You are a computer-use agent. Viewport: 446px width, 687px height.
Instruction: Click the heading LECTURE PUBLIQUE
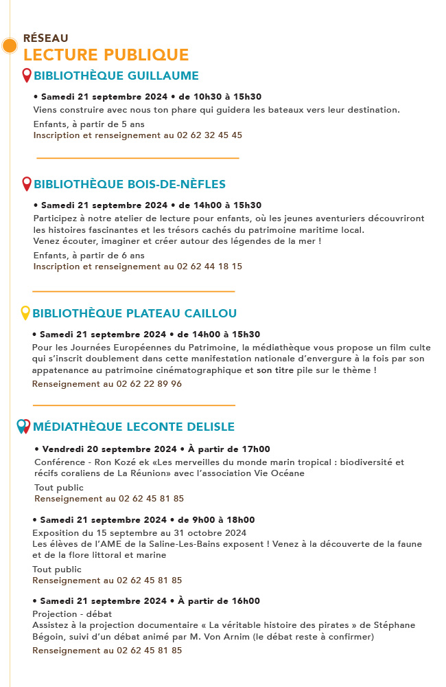click(106, 54)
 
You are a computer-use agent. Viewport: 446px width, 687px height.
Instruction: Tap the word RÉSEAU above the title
click(45, 38)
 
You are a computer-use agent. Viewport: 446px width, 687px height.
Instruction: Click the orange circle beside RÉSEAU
click(10, 46)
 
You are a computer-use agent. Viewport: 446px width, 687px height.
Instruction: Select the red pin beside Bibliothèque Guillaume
click(27, 75)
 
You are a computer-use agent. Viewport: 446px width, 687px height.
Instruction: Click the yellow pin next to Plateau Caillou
click(25, 313)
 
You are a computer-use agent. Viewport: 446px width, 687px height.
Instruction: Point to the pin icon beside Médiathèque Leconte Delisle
click(23, 426)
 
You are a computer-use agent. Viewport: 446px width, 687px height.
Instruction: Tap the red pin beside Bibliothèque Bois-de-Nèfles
click(27, 183)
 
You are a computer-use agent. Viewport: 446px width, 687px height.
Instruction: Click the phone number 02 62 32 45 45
click(209, 135)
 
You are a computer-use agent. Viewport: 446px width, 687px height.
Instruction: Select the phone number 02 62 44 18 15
click(209, 266)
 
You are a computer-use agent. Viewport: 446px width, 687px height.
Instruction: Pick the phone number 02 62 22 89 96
click(149, 384)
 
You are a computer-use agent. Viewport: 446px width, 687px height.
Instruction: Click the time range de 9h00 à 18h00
click(216, 520)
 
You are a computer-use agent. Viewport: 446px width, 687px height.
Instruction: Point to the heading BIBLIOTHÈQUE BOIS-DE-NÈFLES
click(129, 184)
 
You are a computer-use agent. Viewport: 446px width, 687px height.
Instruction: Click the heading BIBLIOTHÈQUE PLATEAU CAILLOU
click(134, 313)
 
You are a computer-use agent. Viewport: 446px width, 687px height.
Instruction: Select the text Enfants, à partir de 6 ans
click(89, 256)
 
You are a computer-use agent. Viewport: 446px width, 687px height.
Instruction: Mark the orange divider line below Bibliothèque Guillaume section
click(137, 158)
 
